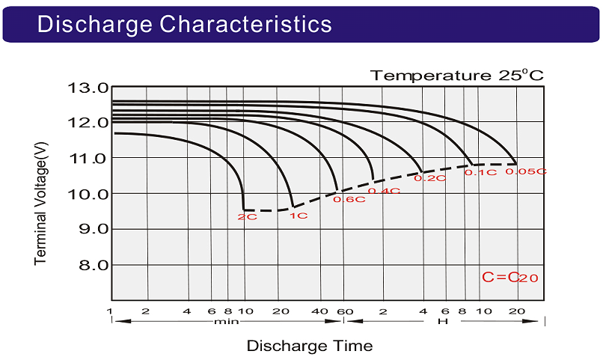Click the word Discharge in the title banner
pyautogui.click(x=95, y=25)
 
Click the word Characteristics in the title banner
pyautogui.click(x=246, y=24)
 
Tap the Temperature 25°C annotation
pyautogui.click(x=457, y=75)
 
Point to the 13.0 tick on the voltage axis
pyautogui.click(x=88, y=88)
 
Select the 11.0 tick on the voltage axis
pyautogui.click(x=88, y=159)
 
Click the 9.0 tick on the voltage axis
pyautogui.click(x=93, y=229)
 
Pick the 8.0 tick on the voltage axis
pyautogui.click(x=93, y=265)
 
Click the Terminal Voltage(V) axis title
pyautogui.click(x=40, y=204)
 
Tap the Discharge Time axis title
pyautogui.click(x=310, y=346)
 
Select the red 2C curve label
pyautogui.click(x=248, y=217)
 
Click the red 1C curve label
pyautogui.click(x=299, y=216)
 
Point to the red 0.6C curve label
pyautogui.click(x=349, y=200)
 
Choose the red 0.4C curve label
pyautogui.click(x=384, y=191)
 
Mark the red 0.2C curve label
pyautogui.click(x=429, y=178)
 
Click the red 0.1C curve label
pyautogui.click(x=480, y=172)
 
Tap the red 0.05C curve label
pyautogui.click(x=526, y=171)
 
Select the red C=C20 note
pyautogui.click(x=509, y=277)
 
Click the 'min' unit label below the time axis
pyautogui.click(x=227, y=321)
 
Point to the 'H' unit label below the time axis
pyautogui.click(x=443, y=321)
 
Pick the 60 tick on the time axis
pyautogui.click(x=345, y=311)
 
